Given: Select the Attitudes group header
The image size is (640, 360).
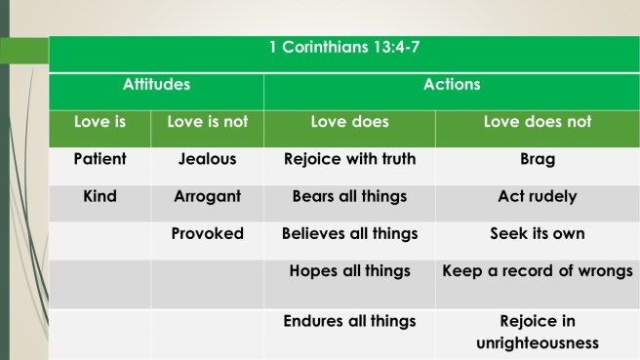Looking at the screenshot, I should tap(156, 85).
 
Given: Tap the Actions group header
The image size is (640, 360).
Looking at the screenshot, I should tap(451, 85).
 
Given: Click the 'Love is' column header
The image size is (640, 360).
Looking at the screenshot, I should tap(100, 122).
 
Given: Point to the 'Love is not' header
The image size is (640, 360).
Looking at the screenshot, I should tap(208, 122).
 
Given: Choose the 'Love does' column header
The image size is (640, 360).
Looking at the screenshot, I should tap(349, 122).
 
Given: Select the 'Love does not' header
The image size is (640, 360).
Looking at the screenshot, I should tap(538, 122).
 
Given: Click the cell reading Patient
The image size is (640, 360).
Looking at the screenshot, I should tap(100, 159).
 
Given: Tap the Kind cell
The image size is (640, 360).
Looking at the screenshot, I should tap(100, 196).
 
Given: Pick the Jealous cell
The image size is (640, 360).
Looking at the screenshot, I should tap(208, 159).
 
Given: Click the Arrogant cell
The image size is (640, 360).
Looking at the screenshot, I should tap(208, 196).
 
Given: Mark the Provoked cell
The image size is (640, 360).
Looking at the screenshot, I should tap(208, 234).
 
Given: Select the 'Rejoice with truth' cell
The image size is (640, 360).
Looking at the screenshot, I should tap(349, 159).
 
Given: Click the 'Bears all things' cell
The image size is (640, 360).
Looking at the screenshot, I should tap(349, 196).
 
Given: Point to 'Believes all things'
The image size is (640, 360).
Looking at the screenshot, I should tap(349, 234).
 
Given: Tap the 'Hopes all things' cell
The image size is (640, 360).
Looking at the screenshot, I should tap(349, 271).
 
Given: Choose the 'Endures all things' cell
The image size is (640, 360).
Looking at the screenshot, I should tap(349, 320).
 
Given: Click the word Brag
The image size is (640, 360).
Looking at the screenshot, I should tap(538, 159).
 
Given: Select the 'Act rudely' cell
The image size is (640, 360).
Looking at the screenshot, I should tap(538, 196).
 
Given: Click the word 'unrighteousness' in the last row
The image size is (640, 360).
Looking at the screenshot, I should tap(538, 343).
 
